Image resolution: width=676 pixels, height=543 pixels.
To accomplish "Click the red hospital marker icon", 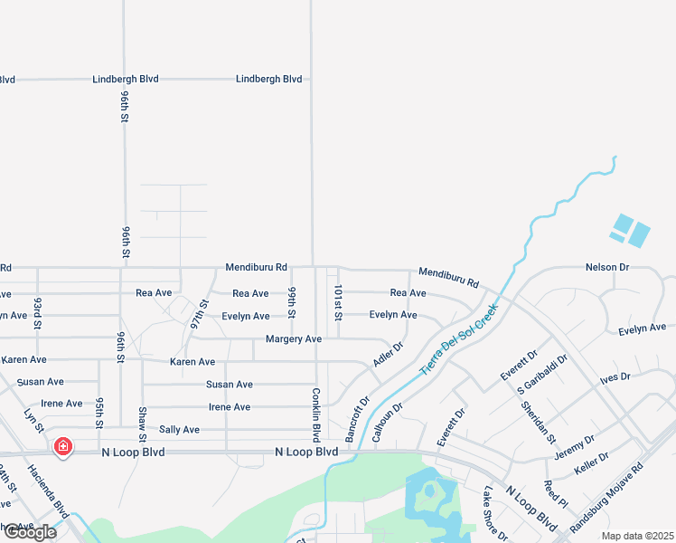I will (62, 446).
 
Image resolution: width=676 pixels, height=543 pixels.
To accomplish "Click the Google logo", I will (30, 532).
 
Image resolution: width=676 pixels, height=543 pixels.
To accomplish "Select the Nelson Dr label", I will (606, 268).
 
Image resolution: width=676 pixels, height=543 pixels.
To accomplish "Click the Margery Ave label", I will (294, 339).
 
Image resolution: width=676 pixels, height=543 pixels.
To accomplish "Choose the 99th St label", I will (293, 303).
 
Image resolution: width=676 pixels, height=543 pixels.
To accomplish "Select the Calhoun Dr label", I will (386, 423).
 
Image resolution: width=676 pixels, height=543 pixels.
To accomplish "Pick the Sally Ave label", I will (179, 430).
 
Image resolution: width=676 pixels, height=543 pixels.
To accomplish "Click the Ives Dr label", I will (614, 376).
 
